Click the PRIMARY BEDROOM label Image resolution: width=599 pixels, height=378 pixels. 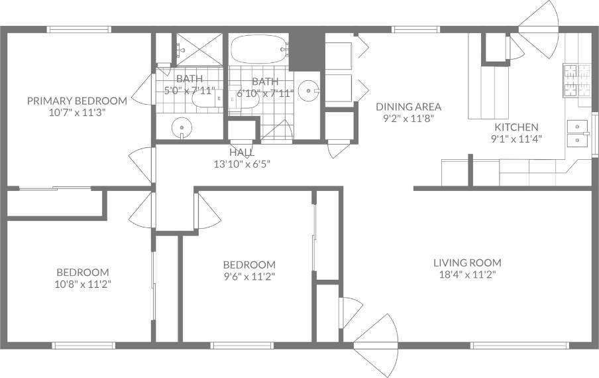coord(77,101)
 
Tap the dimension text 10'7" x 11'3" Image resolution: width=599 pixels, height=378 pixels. coord(77,112)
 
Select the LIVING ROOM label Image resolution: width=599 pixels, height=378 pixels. coord(467,263)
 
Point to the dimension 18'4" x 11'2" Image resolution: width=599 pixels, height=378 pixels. coord(467,274)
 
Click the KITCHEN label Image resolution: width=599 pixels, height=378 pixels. coord(514,127)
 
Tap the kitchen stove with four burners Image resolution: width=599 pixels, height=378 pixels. coord(577,80)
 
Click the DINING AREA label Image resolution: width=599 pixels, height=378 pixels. coord(408,107)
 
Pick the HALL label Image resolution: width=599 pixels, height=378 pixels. coord(241,153)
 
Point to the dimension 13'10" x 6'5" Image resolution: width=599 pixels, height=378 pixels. coord(241,163)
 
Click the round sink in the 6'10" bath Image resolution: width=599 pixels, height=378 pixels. coord(308,90)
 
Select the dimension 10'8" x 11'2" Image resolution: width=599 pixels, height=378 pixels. coord(82,283)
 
